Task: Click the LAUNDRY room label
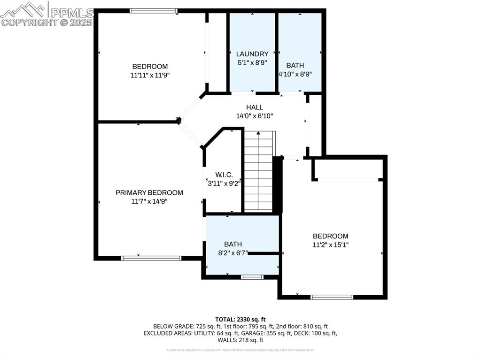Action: point(252,54)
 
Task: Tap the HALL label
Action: point(255,107)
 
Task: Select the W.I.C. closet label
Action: point(224,175)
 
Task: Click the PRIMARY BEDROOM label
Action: point(149,192)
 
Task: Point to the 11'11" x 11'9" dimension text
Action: point(149,75)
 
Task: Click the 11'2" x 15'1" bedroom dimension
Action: point(331,245)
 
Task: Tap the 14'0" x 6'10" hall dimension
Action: point(255,116)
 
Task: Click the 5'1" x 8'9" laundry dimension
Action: point(252,62)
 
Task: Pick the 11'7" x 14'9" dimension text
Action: point(149,201)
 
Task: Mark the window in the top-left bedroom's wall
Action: point(154,11)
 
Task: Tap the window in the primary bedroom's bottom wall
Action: point(151,258)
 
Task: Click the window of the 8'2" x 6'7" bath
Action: point(252,277)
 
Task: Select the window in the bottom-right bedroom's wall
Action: point(332,297)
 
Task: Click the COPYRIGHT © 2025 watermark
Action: point(47,22)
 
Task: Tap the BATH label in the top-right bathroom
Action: point(295,66)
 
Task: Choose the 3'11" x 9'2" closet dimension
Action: point(224,184)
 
